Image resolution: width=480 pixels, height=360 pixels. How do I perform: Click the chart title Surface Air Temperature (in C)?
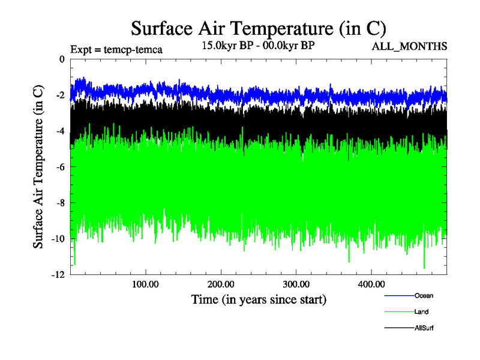point(258,28)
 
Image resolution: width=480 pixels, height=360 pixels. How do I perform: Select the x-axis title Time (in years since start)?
point(259,298)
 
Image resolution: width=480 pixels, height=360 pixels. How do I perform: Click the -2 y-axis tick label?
point(60,95)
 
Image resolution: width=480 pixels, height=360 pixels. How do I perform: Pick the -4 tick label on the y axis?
point(60,131)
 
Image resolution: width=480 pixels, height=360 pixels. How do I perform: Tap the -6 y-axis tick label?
point(60,167)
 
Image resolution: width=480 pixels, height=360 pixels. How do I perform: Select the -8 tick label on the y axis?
point(60,203)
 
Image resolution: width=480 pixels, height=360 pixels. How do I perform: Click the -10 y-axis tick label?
point(58,239)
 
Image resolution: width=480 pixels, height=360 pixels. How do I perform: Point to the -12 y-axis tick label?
point(58,275)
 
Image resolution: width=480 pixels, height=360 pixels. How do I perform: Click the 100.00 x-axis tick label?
point(145,283)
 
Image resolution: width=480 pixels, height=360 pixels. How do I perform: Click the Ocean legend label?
point(424,295)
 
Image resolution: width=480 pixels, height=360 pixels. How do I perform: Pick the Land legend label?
point(421,311)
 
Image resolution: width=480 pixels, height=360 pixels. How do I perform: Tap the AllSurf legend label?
point(424,328)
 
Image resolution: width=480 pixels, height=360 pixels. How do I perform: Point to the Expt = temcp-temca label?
point(116,49)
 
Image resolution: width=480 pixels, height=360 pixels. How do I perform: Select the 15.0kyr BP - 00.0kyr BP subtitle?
point(258,46)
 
